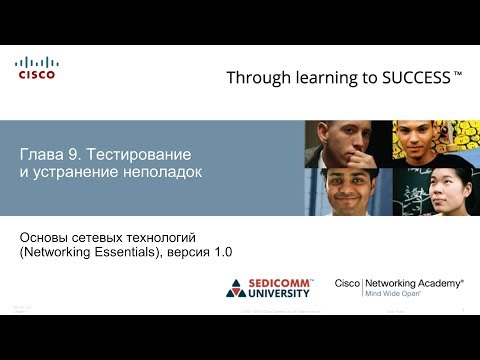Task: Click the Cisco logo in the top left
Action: (36, 67)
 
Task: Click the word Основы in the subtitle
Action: (47, 236)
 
